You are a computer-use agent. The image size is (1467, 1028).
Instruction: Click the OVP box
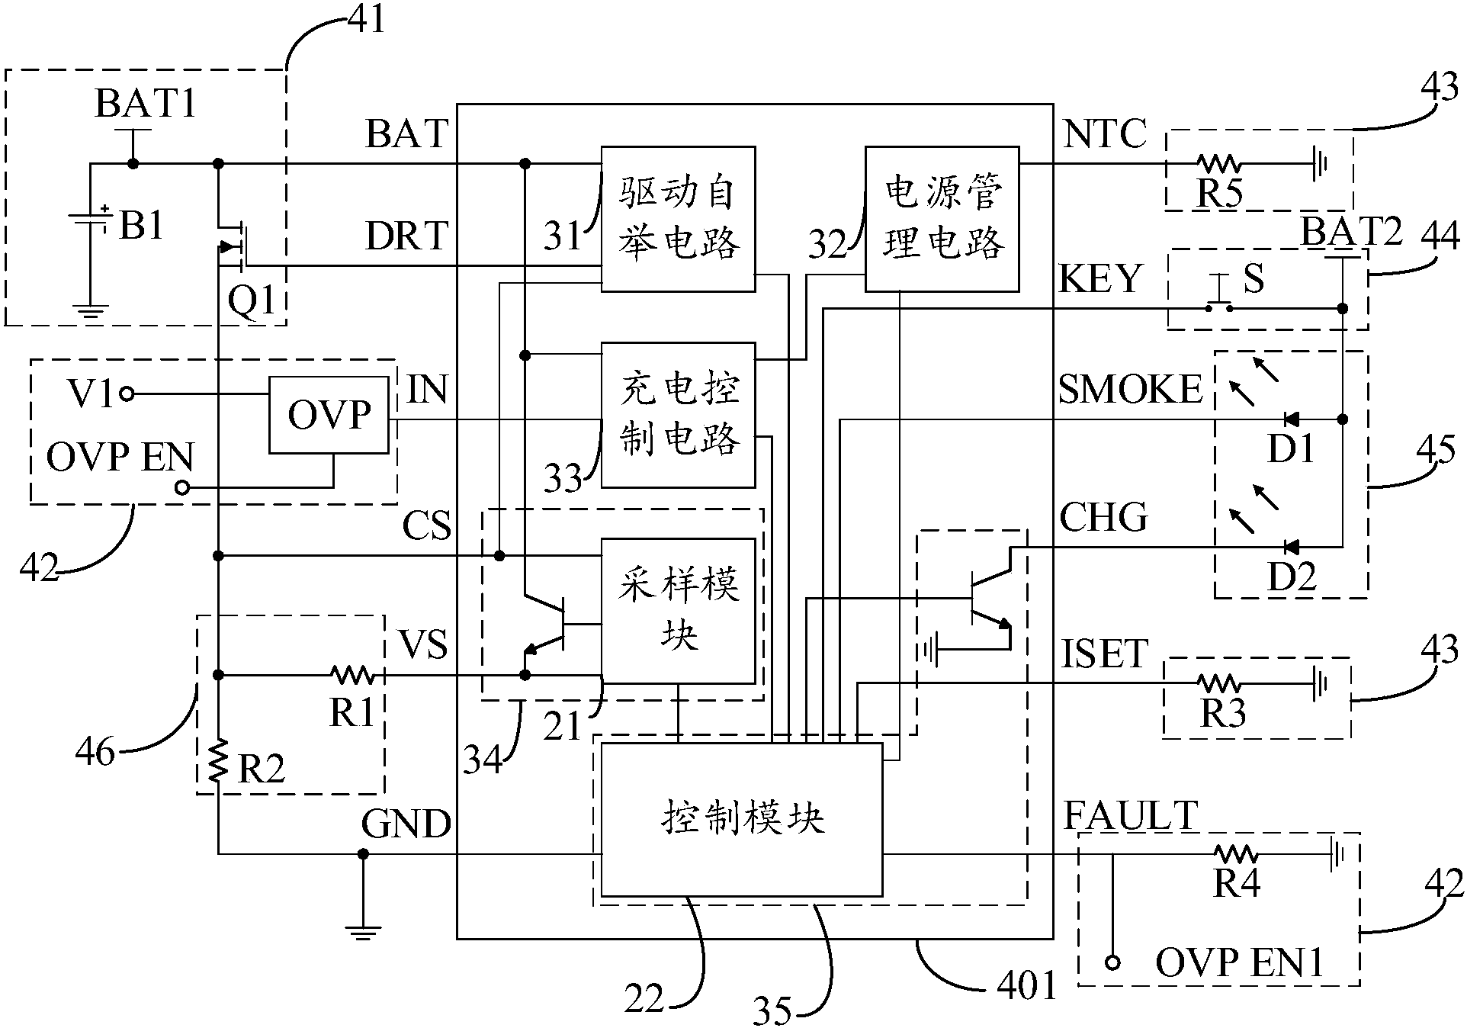click(328, 415)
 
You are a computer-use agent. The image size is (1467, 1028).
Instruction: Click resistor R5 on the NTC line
click(1218, 163)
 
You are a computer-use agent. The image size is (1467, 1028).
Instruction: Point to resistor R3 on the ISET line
click(1218, 683)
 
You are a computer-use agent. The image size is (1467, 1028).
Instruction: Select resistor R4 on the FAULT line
click(1235, 854)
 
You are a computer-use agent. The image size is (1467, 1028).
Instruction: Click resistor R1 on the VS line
click(352, 675)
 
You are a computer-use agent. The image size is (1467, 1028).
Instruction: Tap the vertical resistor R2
click(218, 761)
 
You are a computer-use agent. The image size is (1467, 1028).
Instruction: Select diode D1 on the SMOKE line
click(1291, 419)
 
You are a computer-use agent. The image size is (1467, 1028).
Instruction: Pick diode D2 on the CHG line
click(1291, 547)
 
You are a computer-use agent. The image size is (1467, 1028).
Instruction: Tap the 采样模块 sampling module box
click(679, 610)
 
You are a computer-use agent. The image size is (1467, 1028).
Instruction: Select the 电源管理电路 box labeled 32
click(942, 219)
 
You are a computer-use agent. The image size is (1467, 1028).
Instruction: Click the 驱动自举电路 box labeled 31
click(678, 219)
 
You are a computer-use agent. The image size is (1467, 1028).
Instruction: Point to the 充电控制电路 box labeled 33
click(678, 415)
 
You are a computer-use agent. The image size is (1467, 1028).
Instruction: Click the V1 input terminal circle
click(127, 394)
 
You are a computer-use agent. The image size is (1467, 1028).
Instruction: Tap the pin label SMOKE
click(1129, 390)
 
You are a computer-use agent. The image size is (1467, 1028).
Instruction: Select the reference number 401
click(1027, 986)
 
